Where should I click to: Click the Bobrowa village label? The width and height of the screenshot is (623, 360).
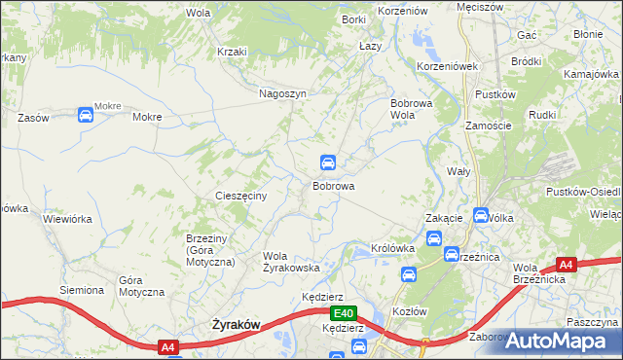point(333,185)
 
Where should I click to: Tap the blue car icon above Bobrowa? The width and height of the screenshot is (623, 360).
point(330,162)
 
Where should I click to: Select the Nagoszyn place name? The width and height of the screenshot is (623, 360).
point(282,93)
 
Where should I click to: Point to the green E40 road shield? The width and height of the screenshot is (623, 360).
point(342,313)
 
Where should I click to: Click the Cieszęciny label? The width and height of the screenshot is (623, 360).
point(248,196)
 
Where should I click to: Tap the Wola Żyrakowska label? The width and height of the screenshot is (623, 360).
point(292,262)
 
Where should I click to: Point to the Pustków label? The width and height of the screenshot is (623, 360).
point(493,94)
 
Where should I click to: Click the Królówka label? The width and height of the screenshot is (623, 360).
point(393,248)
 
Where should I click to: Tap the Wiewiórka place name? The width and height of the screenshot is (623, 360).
point(67,219)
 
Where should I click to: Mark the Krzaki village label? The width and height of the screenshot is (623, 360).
point(233,52)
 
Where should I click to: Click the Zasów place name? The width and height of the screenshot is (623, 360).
point(33,117)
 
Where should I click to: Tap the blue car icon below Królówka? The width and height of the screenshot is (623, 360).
point(409,275)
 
